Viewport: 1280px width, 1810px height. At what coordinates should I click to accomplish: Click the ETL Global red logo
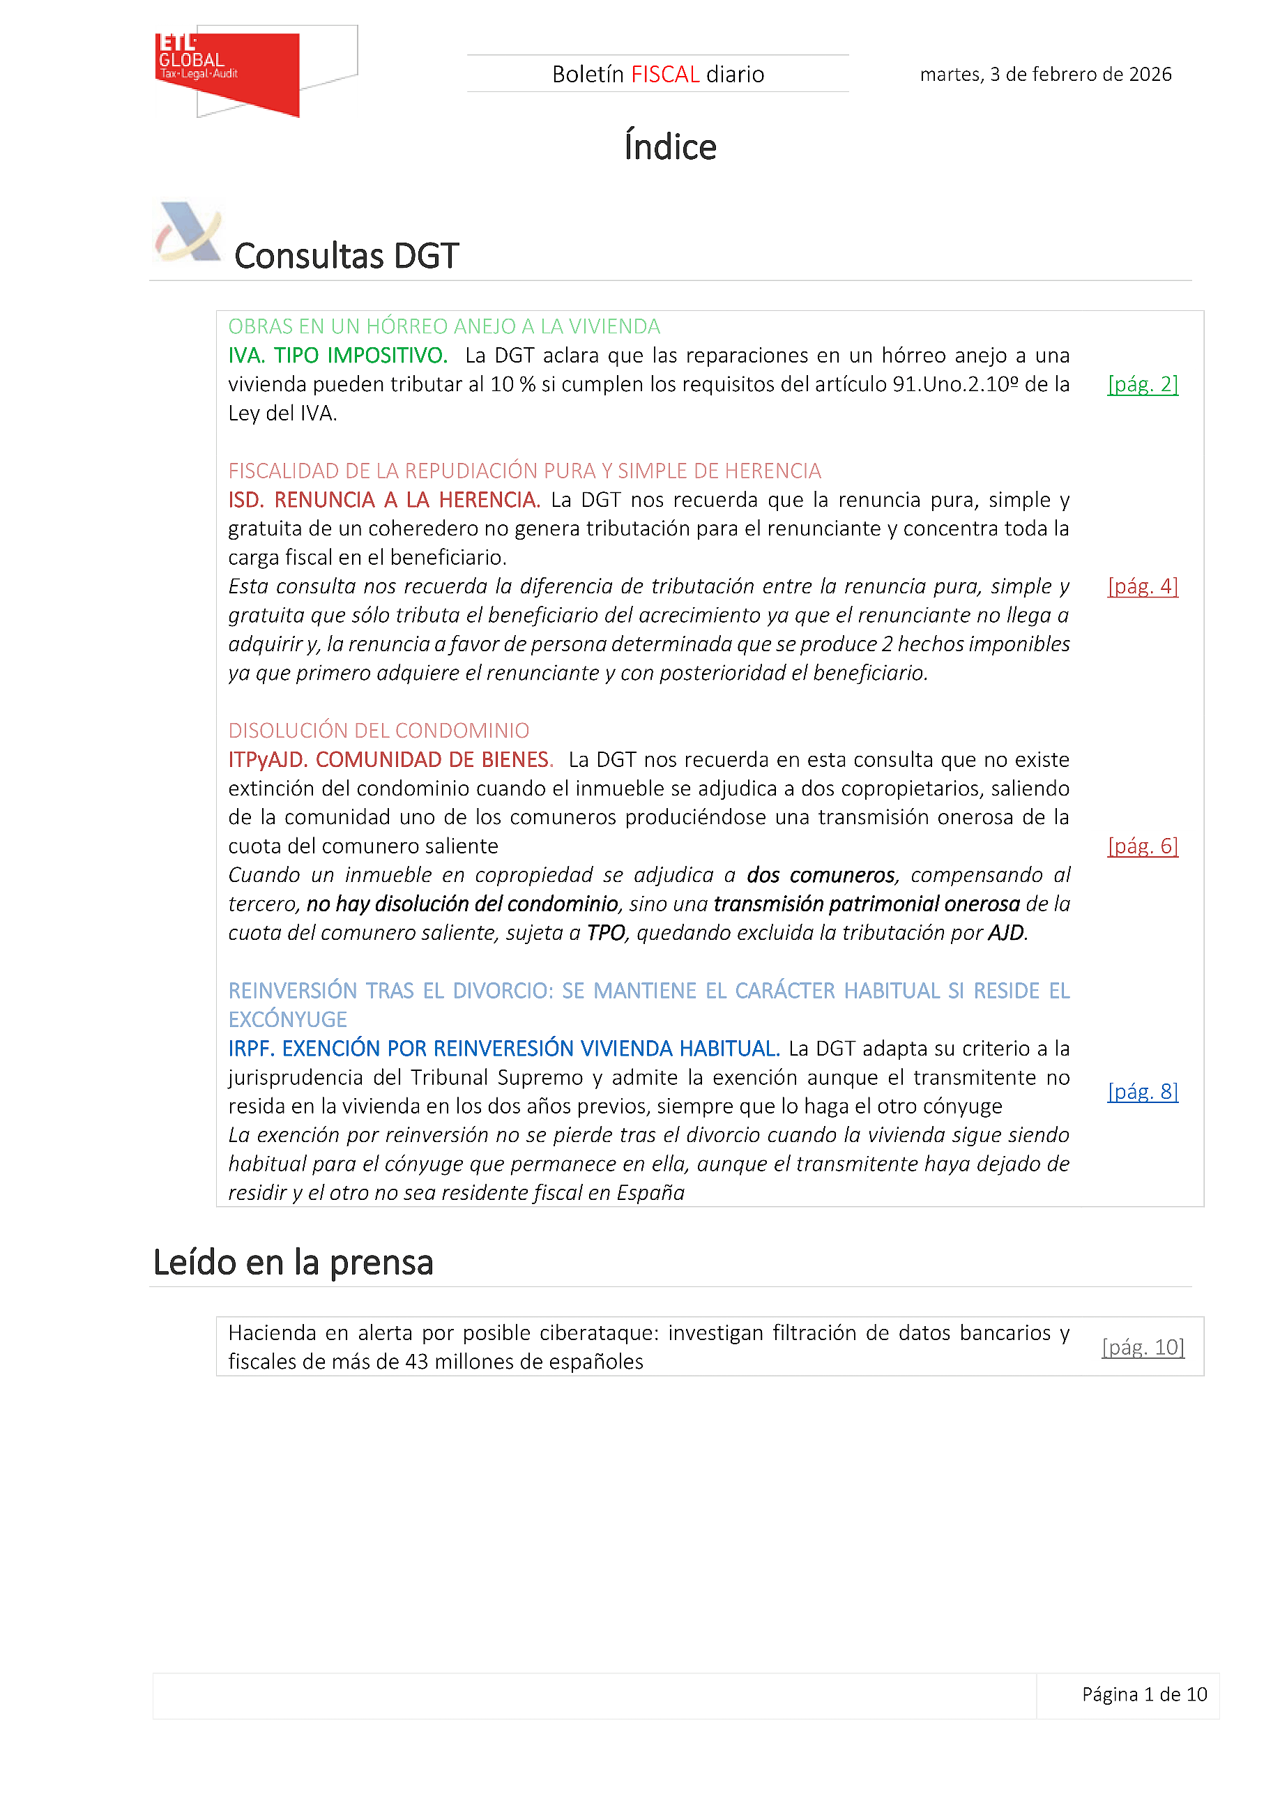coord(228,72)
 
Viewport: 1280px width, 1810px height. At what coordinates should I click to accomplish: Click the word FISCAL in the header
coord(665,74)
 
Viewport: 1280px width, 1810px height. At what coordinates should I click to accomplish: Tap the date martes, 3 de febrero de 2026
coord(1045,74)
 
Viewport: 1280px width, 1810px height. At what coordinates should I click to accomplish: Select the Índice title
coord(670,147)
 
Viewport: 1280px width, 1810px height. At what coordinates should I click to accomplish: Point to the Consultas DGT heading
coord(346,256)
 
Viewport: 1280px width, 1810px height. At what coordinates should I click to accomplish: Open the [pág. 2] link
coord(1142,384)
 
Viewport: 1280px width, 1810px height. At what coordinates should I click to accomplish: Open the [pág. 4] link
coord(1142,586)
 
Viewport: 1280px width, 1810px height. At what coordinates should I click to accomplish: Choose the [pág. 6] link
coord(1142,846)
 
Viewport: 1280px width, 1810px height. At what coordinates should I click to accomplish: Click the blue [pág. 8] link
coord(1142,1091)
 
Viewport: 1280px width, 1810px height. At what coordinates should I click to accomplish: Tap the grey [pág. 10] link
coord(1142,1347)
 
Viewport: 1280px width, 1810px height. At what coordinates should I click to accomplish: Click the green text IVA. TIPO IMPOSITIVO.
coord(337,356)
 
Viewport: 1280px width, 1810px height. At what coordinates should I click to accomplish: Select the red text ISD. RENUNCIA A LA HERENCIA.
coord(384,500)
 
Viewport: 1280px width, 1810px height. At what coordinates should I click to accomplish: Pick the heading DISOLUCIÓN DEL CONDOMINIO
coord(379,731)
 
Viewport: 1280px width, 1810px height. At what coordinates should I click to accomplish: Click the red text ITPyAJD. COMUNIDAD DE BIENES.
coord(390,760)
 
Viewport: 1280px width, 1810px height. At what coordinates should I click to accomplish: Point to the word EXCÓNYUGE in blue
coord(288,1020)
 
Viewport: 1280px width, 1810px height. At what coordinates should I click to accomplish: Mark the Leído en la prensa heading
coord(294,1263)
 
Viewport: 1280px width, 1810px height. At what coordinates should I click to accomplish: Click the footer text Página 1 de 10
coord(1143,1694)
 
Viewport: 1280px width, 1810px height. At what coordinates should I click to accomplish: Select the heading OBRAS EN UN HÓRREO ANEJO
coord(443,326)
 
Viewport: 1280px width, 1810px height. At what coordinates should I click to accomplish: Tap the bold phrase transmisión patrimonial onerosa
coord(866,904)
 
